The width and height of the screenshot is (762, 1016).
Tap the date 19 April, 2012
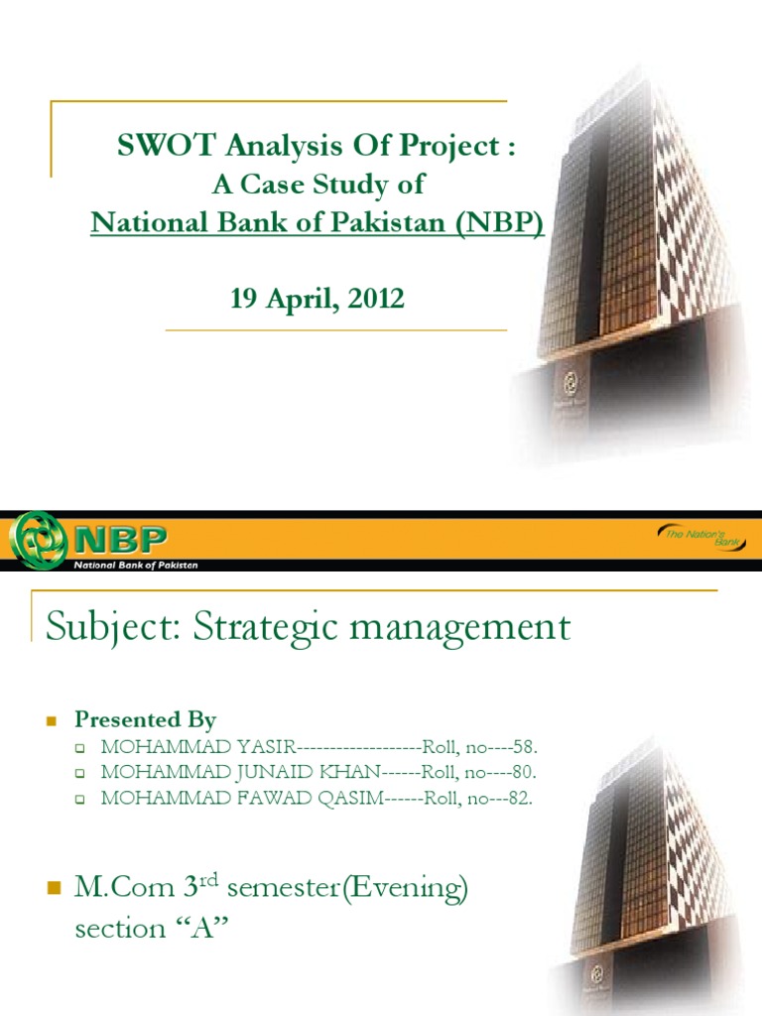[317, 299]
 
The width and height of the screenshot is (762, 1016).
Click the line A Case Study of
[317, 185]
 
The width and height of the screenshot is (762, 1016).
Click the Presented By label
[145, 719]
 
